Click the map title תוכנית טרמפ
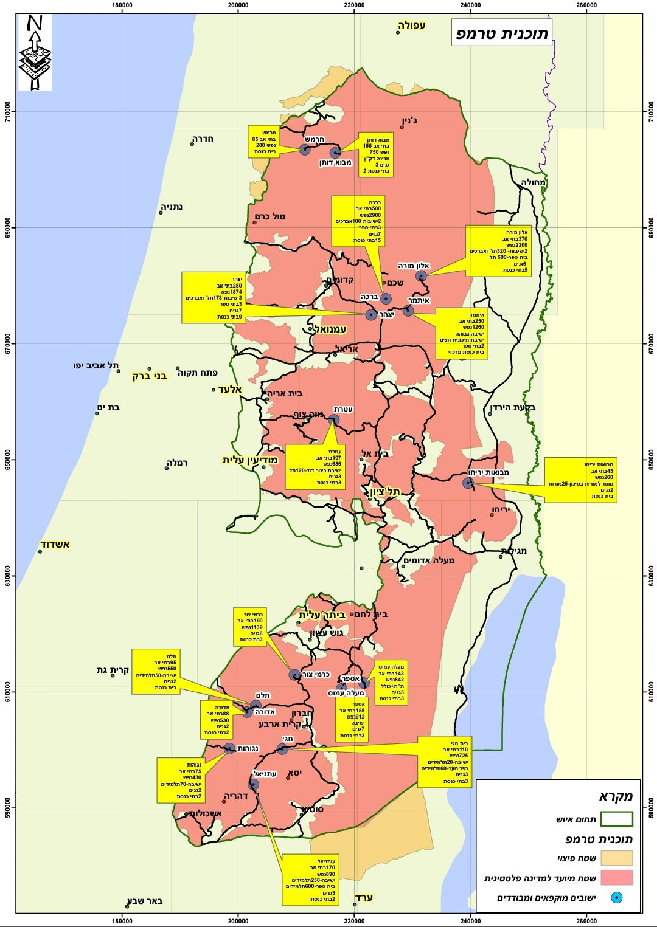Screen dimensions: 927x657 (x=502, y=33)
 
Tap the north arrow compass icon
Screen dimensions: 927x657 (x=35, y=52)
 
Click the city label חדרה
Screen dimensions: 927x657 (x=203, y=139)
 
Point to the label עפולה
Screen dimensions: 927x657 (x=412, y=26)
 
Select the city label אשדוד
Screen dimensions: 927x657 (x=55, y=544)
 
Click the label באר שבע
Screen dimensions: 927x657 (x=144, y=901)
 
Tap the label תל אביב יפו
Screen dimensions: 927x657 (x=95, y=365)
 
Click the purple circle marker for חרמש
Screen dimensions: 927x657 (x=305, y=150)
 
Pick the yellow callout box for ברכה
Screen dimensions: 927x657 (x=358, y=221)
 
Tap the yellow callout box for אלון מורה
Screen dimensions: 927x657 (x=499, y=250)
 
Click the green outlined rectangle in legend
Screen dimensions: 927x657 (x=616, y=819)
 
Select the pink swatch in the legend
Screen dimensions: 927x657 (x=616, y=877)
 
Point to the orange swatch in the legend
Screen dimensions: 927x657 (x=616, y=858)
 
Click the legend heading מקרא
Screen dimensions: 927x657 (x=616, y=796)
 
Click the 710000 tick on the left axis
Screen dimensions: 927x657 (x=8, y=112)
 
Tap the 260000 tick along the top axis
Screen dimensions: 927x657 (x=586, y=5)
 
